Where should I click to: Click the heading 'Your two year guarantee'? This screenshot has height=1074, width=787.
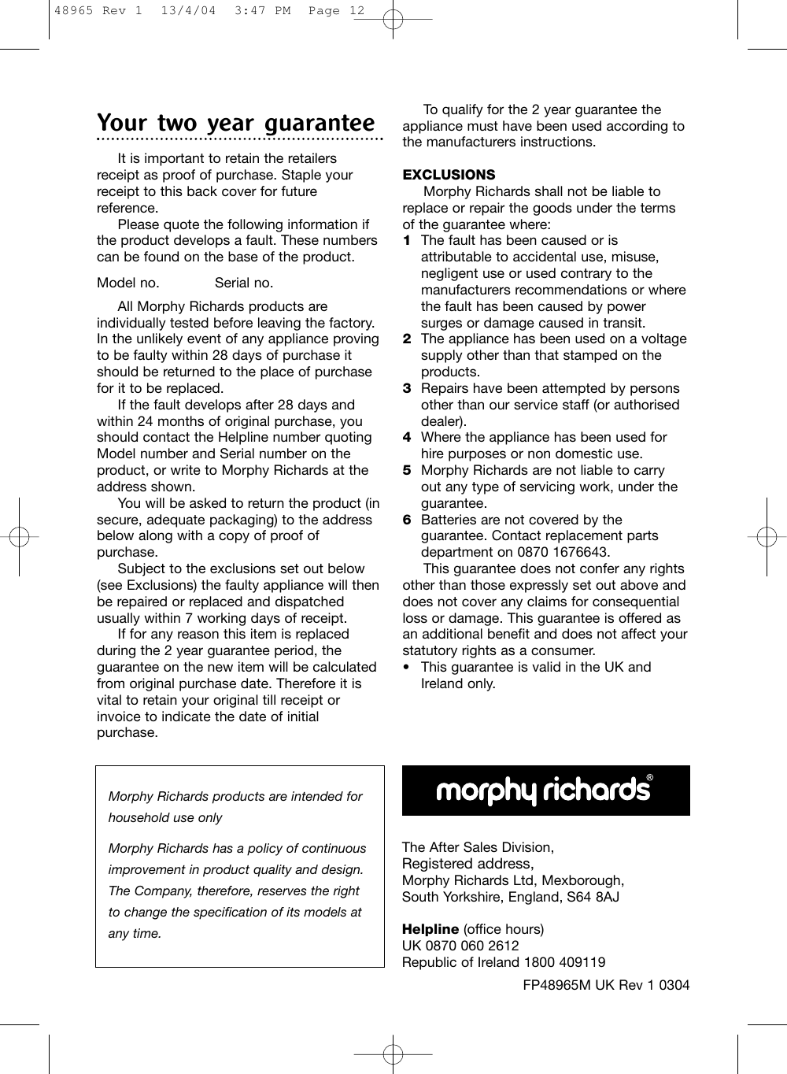pyautogui.click(x=235, y=124)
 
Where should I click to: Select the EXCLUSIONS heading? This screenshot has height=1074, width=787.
pyautogui.click(x=449, y=175)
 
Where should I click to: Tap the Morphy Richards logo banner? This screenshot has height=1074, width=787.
pyautogui.click(x=545, y=791)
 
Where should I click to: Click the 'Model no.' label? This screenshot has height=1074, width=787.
pyautogui.click(x=127, y=283)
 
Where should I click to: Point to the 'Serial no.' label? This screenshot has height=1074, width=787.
pyautogui.click(x=244, y=283)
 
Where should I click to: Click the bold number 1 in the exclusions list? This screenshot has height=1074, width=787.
pyautogui.click(x=407, y=240)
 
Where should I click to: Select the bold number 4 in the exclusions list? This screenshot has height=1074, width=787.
pyautogui.click(x=407, y=437)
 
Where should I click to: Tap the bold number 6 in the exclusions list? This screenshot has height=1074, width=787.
pyautogui.click(x=407, y=520)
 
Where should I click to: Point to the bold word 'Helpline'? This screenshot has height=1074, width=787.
pyautogui.click(x=430, y=929)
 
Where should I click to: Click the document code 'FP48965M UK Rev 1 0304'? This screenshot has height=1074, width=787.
pyautogui.click(x=606, y=985)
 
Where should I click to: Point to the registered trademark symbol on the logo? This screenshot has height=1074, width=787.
pyautogui.click(x=650, y=778)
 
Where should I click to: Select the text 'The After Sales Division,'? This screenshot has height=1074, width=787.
pyautogui.click(x=478, y=847)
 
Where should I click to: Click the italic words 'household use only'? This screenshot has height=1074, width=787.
pyautogui.click(x=165, y=817)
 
